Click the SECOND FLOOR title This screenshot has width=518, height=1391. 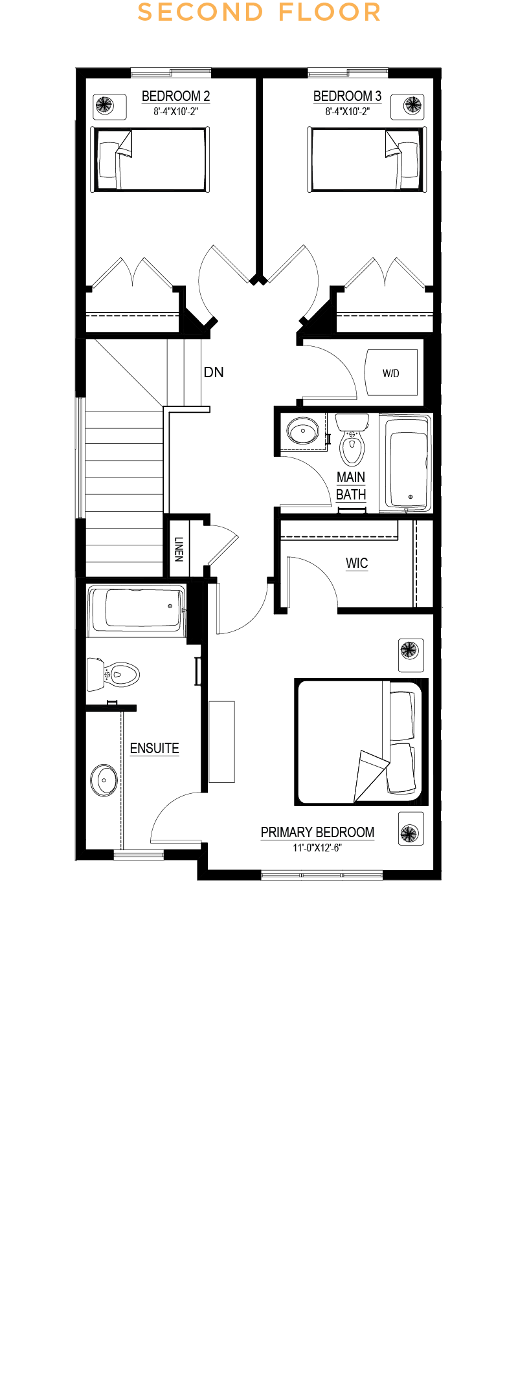coord(259,12)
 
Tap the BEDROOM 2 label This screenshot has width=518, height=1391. coord(175,96)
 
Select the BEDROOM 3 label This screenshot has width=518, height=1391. coord(347,96)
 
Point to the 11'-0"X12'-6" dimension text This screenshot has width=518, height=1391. coord(317,848)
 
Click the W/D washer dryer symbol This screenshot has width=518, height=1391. coord(391,373)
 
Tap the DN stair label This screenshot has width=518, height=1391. coord(214,372)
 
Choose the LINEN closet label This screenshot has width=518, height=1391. coord(179,549)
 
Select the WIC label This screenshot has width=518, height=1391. coord(357,563)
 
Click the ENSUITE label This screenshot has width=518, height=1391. coord(154,748)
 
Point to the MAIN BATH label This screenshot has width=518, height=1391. coord(351,486)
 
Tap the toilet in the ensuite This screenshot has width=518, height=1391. coord(113,674)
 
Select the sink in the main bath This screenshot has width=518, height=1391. coord(302,430)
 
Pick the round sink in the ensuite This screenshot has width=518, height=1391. coord(104,780)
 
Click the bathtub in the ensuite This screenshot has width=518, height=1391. coord(137,608)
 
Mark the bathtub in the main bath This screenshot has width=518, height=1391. coord(405,463)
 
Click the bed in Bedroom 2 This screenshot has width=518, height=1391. coord(150,159)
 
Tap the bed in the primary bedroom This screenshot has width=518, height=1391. coord(361,742)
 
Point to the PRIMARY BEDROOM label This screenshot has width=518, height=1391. coord(317,832)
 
